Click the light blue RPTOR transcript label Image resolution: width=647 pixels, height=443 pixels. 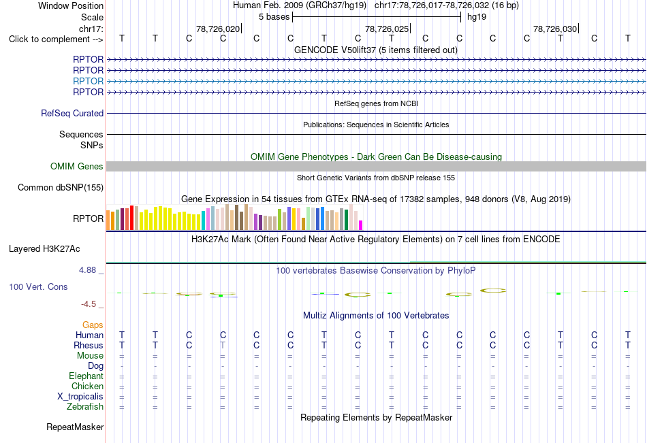pyautogui.click(x=88, y=81)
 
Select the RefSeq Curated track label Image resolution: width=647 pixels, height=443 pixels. pyautogui.click(x=72, y=113)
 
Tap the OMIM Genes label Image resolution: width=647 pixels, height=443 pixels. pyautogui.click(x=77, y=166)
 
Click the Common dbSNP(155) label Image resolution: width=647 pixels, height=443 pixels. pyautogui.click(x=61, y=187)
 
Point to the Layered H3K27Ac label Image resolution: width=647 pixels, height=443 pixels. pyautogui.click(x=44, y=249)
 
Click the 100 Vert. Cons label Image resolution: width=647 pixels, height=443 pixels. pyautogui.click(x=38, y=286)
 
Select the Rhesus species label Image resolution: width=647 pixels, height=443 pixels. pyautogui.click(x=89, y=345)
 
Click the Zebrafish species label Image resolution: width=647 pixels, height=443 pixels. pyautogui.click(x=85, y=406)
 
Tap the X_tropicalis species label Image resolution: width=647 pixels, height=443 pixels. pyautogui.click(x=80, y=397)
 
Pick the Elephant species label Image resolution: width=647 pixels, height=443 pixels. pyautogui.click(x=86, y=376)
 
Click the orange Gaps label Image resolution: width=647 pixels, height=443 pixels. pyautogui.click(x=93, y=325)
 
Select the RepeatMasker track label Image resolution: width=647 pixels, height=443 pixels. pyautogui.click(x=75, y=427)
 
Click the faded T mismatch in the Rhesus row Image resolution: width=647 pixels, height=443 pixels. pyautogui.click(x=223, y=345)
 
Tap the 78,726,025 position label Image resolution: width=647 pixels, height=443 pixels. pyautogui.click(x=387, y=29)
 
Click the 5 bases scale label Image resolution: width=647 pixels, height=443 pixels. pyautogui.click(x=274, y=17)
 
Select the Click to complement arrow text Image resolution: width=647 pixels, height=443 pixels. pyautogui.click(x=56, y=39)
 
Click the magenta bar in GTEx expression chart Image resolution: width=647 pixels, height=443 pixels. pyautogui.click(x=361, y=225)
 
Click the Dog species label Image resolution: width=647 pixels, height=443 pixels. pyautogui.click(x=96, y=366)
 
